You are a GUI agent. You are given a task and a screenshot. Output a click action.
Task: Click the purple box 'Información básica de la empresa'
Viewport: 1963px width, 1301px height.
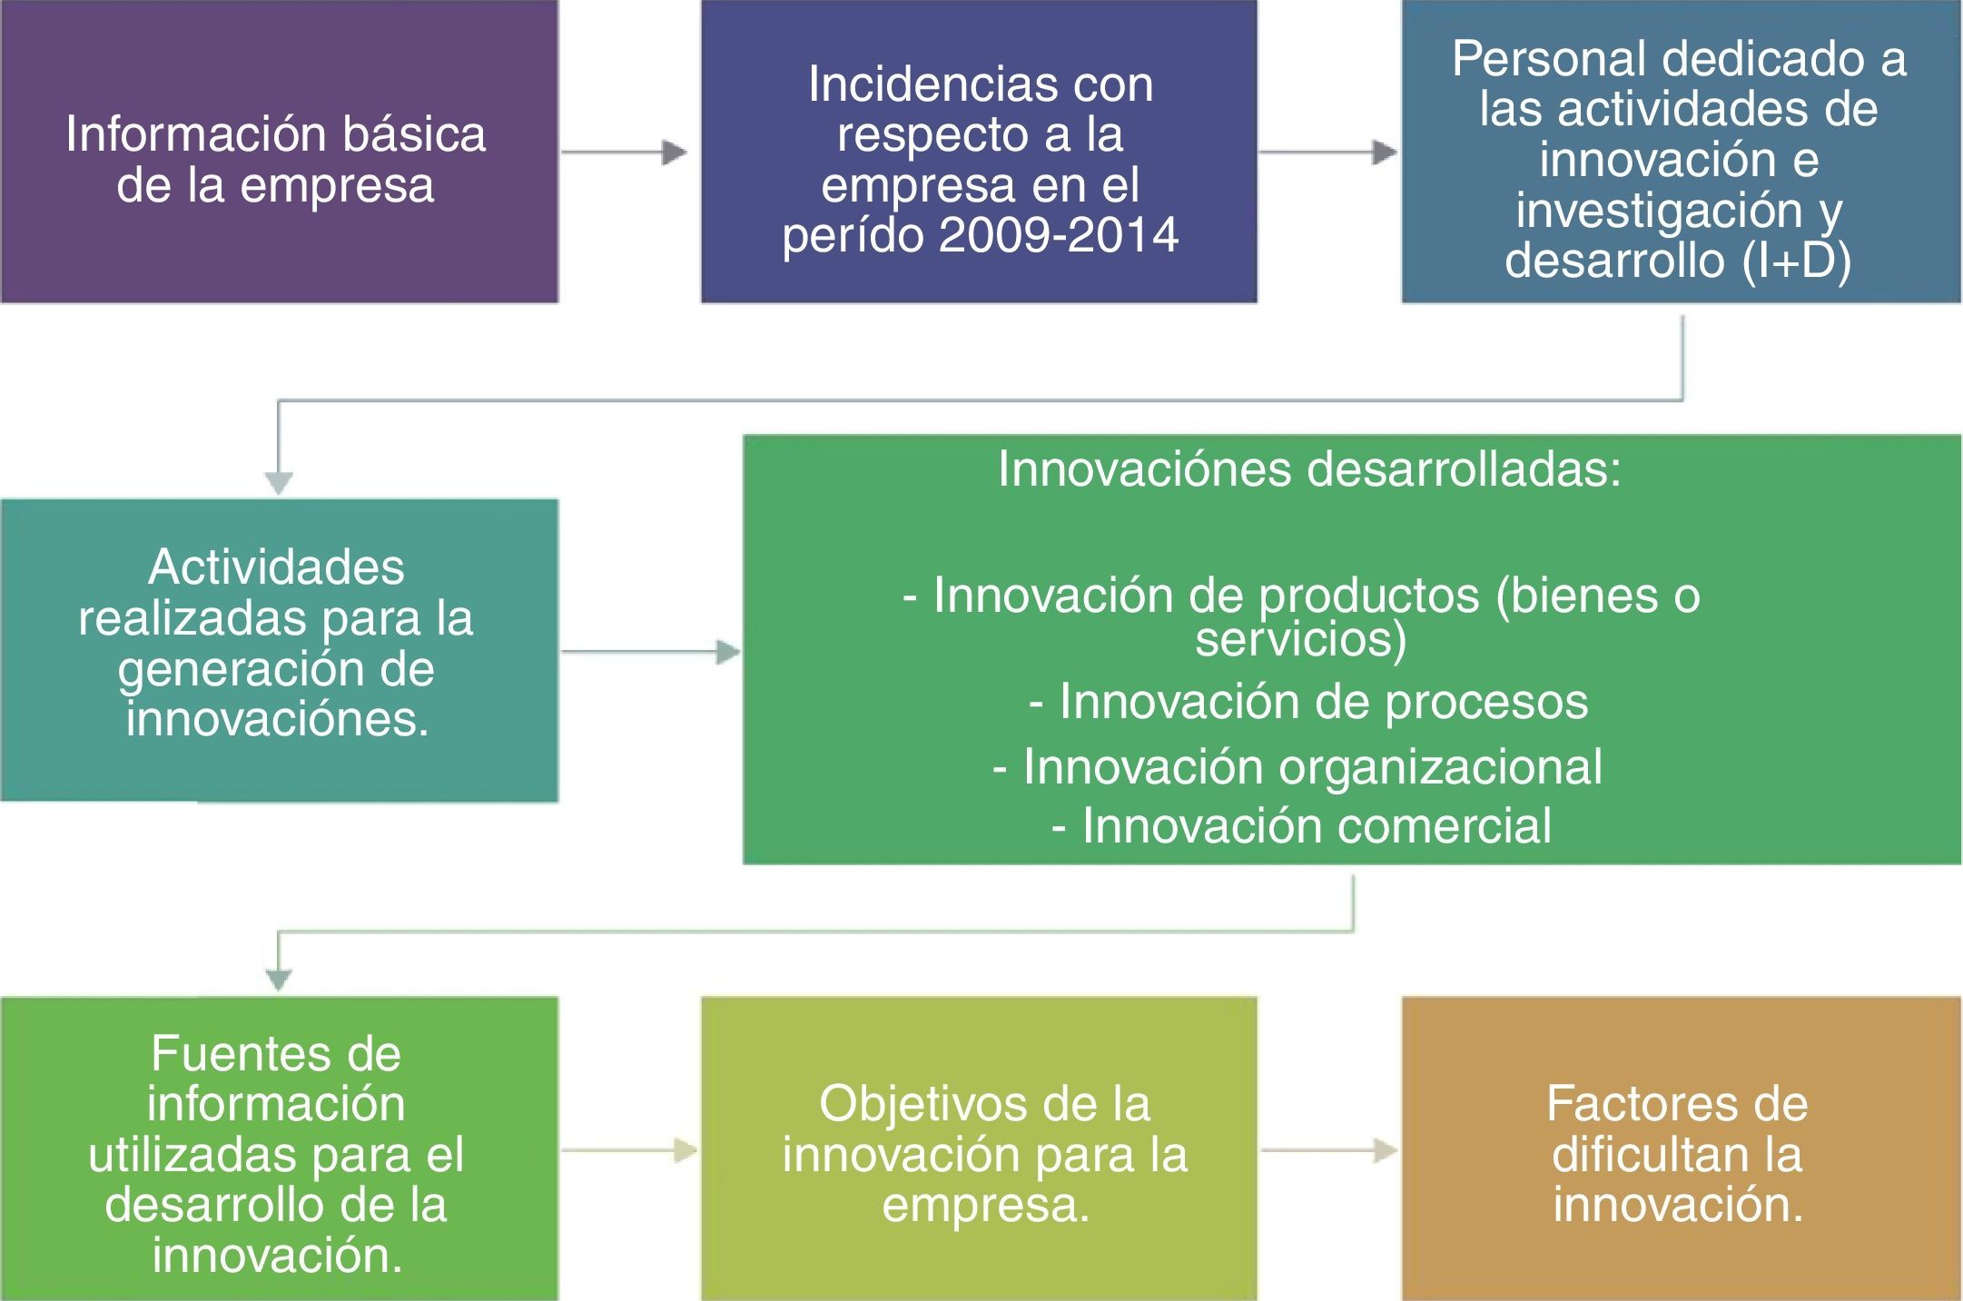pos(279,152)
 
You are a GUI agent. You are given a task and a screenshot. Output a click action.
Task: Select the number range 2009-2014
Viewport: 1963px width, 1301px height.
pos(1059,235)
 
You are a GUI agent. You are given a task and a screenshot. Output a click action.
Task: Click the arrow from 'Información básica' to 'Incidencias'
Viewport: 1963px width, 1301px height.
pos(624,153)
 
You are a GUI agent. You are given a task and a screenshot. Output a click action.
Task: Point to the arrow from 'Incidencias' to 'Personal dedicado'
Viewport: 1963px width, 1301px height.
pos(1327,153)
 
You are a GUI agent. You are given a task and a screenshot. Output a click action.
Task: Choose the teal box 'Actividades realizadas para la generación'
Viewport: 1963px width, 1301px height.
pos(279,650)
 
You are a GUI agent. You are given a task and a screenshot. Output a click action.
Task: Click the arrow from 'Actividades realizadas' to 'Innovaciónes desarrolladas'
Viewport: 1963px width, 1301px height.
pos(651,652)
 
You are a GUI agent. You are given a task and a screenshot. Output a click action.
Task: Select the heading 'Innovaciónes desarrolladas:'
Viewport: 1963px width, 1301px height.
pos(1309,469)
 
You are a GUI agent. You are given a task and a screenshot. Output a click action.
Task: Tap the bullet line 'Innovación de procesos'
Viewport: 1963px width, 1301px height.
pos(1308,701)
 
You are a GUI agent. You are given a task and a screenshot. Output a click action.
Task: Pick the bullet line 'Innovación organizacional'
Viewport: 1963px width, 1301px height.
pos(1297,767)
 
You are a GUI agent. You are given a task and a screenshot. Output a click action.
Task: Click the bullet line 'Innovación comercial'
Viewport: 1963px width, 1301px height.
pos(1301,826)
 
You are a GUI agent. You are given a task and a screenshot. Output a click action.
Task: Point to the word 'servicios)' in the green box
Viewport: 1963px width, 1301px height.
pos(1300,639)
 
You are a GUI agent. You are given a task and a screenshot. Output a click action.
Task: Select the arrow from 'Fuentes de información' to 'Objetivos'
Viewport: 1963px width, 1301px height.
pos(629,1151)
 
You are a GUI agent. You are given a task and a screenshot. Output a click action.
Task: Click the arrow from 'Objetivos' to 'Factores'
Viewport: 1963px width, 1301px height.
pos(1329,1151)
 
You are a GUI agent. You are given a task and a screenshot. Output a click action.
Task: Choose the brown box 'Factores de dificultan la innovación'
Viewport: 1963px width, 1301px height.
pos(1682,1148)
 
